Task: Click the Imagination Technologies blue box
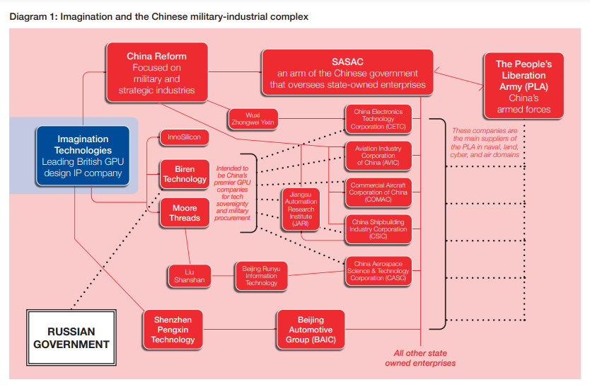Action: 83,156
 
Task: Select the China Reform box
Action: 157,72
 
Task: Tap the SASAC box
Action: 347,72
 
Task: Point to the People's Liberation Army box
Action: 524,86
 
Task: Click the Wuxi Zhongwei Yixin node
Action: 253,119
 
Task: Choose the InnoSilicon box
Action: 184,137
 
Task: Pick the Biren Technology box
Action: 185,174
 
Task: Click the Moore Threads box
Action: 185,213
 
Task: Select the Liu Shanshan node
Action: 190,276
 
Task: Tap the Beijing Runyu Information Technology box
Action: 262,276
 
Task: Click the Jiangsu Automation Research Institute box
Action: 301,209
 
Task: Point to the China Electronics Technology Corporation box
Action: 378,119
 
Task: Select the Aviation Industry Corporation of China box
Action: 378,156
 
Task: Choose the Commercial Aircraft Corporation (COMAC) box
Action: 378,192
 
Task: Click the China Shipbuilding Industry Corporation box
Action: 378,229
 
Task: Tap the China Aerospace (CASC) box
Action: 378,271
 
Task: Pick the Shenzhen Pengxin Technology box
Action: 173,330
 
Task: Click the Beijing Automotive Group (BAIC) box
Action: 311,330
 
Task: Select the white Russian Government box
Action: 71,337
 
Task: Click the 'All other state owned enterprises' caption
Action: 420,358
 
